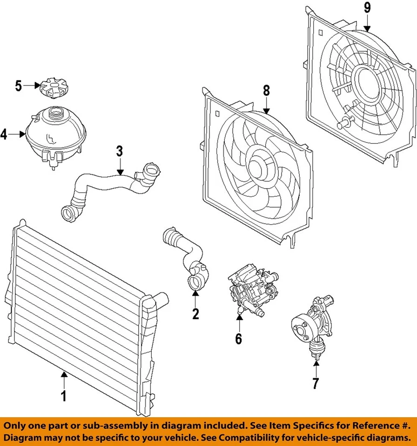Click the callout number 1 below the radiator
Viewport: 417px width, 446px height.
click(x=64, y=396)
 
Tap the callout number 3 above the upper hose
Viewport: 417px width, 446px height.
click(x=120, y=151)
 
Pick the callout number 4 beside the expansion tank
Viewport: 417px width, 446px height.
click(x=4, y=135)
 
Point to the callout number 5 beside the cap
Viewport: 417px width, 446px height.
click(x=19, y=85)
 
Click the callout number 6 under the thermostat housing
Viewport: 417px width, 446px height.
click(x=238, y=339)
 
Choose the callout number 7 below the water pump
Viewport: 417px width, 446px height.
click(x=316, y=383)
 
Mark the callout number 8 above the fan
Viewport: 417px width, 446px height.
click(x=266, y=91)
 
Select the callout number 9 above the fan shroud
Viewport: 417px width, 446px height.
click(x=367, y=7)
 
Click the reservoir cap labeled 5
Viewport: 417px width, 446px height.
click(x=52, y=88)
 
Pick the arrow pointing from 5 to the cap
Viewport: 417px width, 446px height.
click(x=31, y=85)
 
